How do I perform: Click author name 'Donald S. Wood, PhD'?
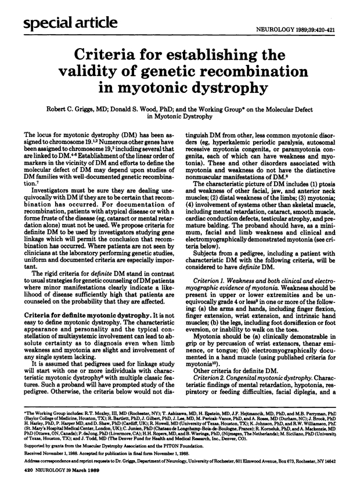tap(163, 110)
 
